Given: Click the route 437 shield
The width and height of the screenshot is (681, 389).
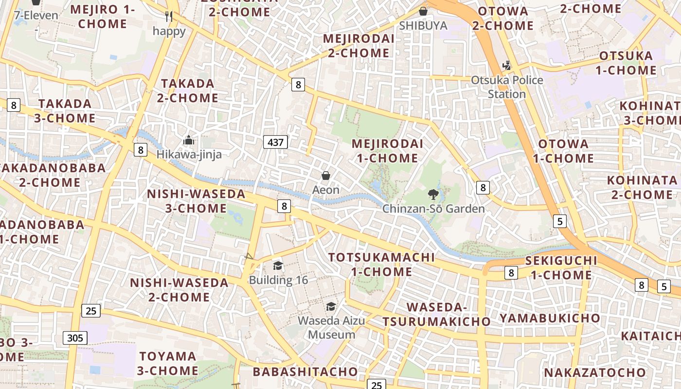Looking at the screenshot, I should point(275,142).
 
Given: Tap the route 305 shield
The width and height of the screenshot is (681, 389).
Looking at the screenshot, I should point(75,338).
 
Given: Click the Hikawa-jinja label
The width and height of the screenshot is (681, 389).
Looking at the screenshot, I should point(189,155).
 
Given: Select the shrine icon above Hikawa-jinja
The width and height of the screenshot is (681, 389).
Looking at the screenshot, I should point(189,141).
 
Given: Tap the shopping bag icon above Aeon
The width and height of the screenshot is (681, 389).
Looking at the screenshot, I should point(326,176).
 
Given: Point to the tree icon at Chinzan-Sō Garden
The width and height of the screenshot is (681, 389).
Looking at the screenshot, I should point(432,195).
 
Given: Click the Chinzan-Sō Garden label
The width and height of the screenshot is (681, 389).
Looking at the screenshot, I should point(433,209).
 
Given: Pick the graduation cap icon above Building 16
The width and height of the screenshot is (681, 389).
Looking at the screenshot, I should point(278,265).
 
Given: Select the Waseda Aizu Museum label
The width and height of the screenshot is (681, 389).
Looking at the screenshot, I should point(331,328).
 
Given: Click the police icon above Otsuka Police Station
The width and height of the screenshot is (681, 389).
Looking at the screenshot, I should point(506,66).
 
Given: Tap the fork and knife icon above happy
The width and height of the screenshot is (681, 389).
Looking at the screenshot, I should point(169,17).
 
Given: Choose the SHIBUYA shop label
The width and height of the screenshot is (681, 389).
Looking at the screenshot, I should point(423,25).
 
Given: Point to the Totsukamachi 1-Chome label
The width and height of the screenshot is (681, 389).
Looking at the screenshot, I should point(381,264).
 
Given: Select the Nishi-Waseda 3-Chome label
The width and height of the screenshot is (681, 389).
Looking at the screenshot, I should point(196,201).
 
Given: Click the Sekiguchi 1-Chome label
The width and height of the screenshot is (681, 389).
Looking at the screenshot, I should point(561,267).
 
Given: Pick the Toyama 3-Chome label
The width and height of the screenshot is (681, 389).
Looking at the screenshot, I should point(167,363).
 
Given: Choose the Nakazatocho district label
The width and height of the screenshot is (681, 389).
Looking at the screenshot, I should point(594,373).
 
